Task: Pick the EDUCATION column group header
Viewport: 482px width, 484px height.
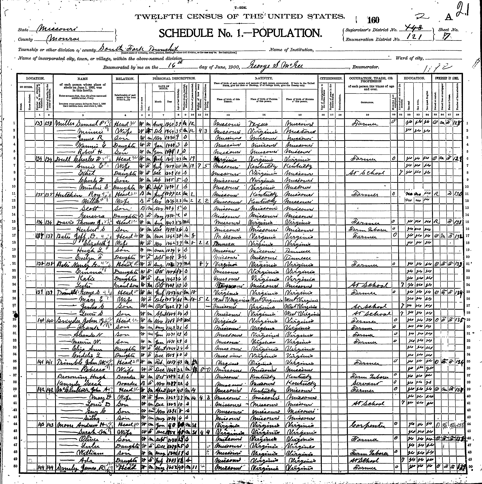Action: pos(414,78)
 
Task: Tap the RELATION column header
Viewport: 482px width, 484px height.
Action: pos(125,78)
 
